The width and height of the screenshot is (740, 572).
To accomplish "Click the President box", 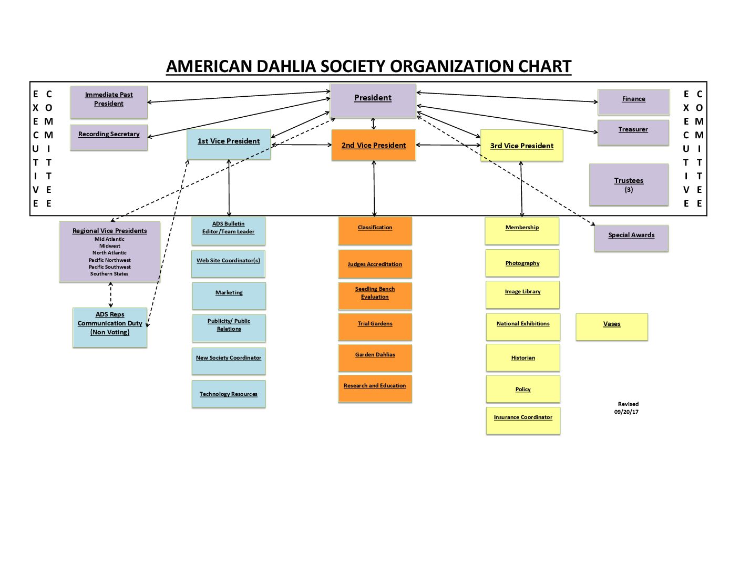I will pos(373,100).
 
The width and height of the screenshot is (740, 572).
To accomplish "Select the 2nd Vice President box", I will pos(373,145).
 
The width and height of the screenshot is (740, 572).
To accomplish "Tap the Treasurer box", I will pos(633,132).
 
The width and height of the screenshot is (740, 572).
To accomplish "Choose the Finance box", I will pos(633,101).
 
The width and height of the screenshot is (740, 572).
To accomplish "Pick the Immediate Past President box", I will pos(109,101).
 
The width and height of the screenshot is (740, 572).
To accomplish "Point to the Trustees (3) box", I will pos(629,185).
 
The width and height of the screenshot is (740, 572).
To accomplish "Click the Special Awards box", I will pos(631,238).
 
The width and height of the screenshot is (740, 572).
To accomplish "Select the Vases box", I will pos(612,327).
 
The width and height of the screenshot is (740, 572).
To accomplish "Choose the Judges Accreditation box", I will pos(375,264).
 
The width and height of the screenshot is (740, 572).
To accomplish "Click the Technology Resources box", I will pos(229,394).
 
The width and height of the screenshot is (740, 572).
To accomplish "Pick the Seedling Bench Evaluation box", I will pos(375,296).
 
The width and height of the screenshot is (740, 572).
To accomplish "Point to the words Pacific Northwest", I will pos(109,260).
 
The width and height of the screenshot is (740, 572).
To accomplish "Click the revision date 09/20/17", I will pos(626,412).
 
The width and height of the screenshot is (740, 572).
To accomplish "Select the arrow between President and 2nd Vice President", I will pos(373,124).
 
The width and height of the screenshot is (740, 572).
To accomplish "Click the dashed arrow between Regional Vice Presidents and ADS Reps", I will pos(110,294).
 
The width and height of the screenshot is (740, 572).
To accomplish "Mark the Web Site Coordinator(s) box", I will pos(228,263).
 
